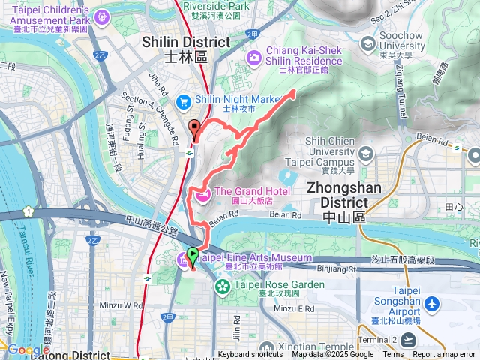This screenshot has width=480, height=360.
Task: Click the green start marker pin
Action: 192,256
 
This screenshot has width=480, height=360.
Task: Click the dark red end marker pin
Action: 195,128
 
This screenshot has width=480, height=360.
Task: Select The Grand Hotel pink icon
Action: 202,196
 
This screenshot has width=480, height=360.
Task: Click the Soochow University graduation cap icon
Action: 367,43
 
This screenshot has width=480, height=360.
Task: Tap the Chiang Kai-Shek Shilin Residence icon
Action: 253,56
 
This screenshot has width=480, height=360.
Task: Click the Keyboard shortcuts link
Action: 250,355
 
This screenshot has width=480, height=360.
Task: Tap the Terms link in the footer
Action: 393,355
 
